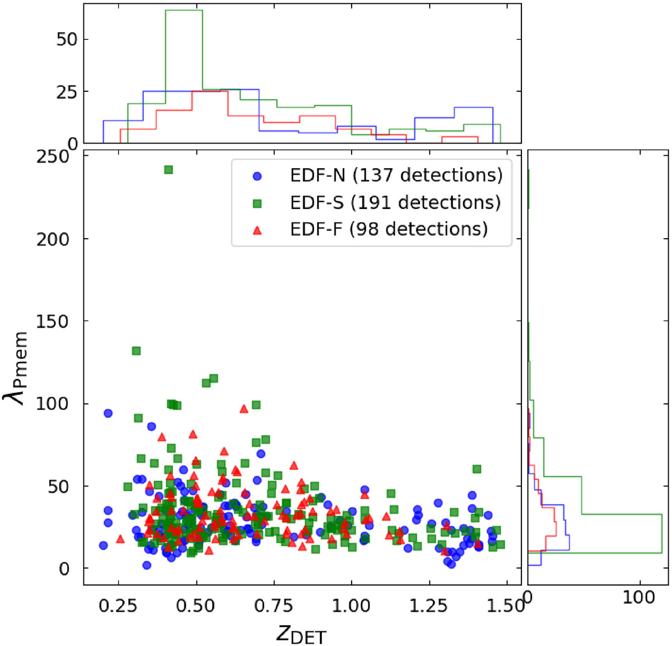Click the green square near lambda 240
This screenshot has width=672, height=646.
click(169, 170)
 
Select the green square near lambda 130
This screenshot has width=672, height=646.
click(137, 351)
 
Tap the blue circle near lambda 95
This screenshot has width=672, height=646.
click(108, 413)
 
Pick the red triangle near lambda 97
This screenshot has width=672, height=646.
click(244, 409)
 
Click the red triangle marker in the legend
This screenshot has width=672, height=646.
click(257, 230)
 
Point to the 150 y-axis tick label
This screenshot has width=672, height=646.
click(53, 321)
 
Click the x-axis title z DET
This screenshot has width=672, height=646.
click(301, 633)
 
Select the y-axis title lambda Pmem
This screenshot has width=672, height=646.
click(15, 368)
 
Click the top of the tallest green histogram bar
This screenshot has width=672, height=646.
click(184, 10)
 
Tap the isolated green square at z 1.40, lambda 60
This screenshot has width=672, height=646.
click(477, 469)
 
